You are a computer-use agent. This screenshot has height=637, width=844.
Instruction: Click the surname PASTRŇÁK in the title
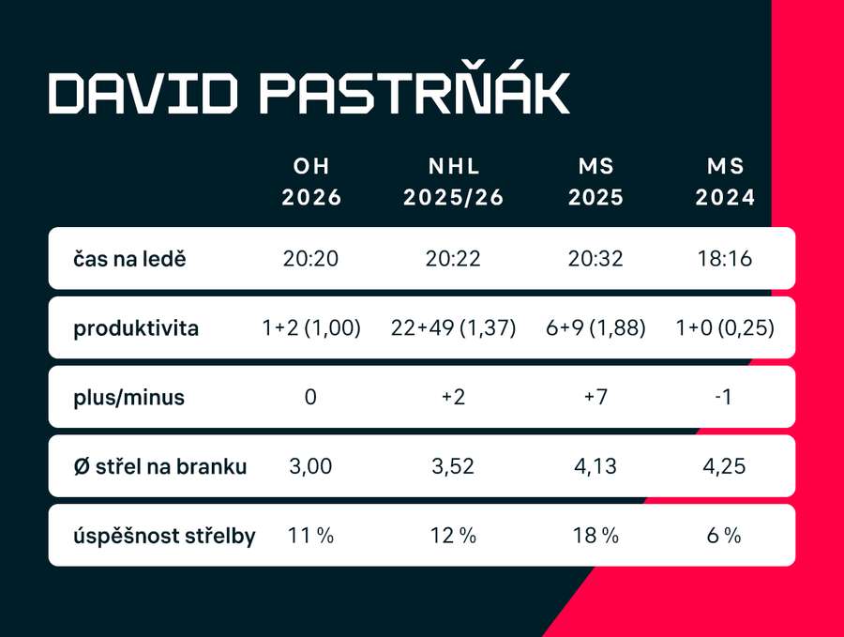click(x=413, y=93)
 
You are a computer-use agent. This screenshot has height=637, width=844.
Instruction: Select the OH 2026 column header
click(x=311, y=182)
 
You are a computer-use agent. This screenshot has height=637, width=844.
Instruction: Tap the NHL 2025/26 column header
click(x=453, y=182)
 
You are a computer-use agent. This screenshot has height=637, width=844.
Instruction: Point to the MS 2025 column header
click(x=596, y=182)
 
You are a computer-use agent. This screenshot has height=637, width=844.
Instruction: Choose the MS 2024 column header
click(x=726, y=182)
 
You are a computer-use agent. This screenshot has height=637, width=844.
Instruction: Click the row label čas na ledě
click(x=129, y=258)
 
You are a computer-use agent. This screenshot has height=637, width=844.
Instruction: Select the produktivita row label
click(x=136, y=329)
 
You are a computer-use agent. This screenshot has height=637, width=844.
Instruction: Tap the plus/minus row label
click(x=128, y=397)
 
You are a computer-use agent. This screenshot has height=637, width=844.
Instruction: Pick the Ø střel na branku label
click(x=160, y=466)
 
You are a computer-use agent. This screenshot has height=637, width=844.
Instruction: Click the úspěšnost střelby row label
click(x=164, y=536)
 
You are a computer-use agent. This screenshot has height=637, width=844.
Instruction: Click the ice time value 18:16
click(x=726, y=258)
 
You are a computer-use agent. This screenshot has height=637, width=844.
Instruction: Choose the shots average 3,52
click(x=453, y=466)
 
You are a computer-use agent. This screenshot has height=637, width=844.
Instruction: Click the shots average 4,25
click(x=726, y=466)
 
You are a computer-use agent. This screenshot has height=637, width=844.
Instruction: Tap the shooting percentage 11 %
click(x=311, y=536)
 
